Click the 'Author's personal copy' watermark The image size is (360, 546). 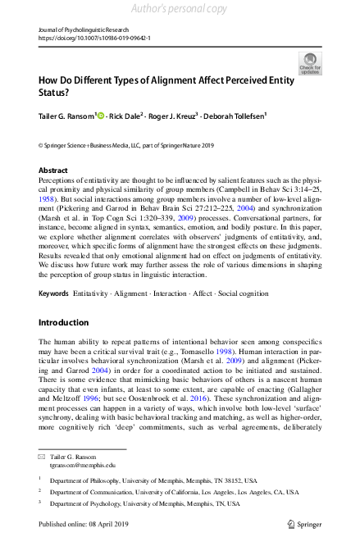(180, 9)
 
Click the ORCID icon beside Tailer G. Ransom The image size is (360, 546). (101, 117)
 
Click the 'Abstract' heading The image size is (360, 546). (53, 170)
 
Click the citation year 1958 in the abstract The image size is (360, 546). (48, 198)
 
